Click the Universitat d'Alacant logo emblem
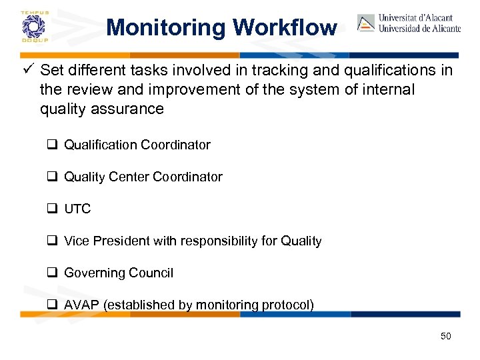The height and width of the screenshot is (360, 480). (x=366, y=23)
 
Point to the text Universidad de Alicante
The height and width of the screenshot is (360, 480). (x=419, y=29)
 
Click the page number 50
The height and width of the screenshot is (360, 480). (x=445, y=336)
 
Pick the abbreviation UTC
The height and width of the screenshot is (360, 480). (x=77, y=209)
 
